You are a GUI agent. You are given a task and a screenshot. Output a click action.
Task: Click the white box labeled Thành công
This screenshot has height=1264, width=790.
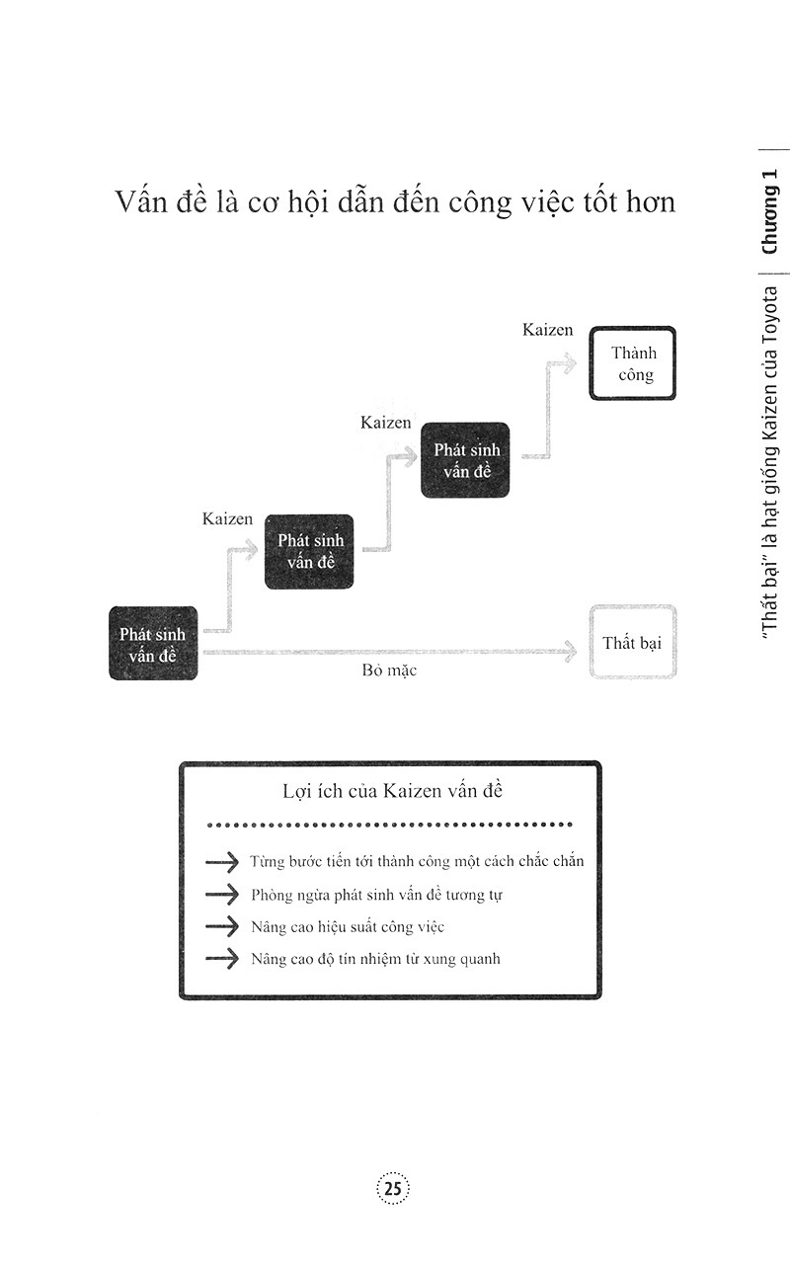pyautogui.click(x=633, y=363)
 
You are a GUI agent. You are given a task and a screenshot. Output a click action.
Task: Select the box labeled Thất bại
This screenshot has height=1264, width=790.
pyautogui.click(x=633, y=643)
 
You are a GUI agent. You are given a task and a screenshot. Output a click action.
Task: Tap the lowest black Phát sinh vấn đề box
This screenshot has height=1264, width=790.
pyautogui.click(x=153, y=643)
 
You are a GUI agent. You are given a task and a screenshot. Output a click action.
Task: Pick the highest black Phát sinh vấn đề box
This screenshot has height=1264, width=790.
pyautogui.click(x=466, y=460)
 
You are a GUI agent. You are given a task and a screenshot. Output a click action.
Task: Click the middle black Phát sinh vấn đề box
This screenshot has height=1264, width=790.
pyautogui.click(x=308, y=551)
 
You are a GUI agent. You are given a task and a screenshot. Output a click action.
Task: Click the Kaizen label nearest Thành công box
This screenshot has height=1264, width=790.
pyautogui.click(x=548, y=330)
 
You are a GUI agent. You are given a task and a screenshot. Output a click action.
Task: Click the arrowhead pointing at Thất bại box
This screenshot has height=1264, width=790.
pyautogui.click(x=570, y=651)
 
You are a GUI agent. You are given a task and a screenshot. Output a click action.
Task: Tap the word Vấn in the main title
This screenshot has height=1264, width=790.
pyautogui.click(x=137, y=203)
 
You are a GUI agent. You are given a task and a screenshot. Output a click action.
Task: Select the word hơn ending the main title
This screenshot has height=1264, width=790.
pyautogui.click(x=647, y=203)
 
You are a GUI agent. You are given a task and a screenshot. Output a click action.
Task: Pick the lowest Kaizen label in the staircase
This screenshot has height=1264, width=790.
pyautogui.click(x=227, y=518)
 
